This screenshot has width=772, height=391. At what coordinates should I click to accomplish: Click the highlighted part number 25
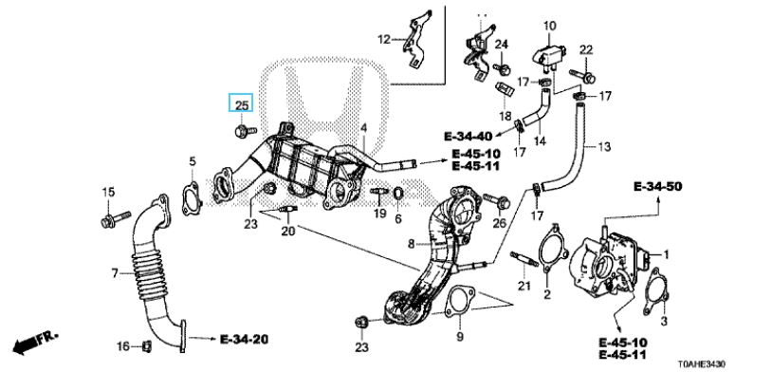pyautogui.click(x=241, y=105)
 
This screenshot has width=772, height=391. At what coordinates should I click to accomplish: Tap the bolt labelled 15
pyautogui.click(x=115, y=219)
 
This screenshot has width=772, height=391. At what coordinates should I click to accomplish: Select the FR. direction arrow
pyautogui.click(x=34, y=343)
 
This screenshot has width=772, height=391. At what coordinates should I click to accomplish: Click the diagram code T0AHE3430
pyautogui.click(x=701, y=364)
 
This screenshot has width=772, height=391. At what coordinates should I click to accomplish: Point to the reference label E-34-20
pyautogui.click(x=244, y=339)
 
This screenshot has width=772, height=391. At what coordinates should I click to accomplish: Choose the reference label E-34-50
pyautogui.click(x=658, y=187)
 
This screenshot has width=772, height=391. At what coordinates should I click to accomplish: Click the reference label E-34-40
pyautogui.click(x=468, y=136)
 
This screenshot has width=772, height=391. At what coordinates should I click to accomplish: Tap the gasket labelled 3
pyautogui.click(x=656, y=291)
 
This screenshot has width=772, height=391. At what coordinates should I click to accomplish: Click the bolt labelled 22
pyautogui.click(x=583, y=76)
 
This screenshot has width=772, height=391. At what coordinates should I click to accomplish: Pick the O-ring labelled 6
pyautogui.click(x=398, y=195)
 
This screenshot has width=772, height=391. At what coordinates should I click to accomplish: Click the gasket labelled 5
pyautogui.click(x=192, y=198)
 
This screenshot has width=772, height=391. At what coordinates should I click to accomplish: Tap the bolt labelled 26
pyautogui.click(x=496, y=201)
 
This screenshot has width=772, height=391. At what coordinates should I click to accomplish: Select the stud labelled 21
pyautogui.click(x=524, y=259)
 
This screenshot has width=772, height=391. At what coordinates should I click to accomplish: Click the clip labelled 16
pyautogui.click(x=146, y=345)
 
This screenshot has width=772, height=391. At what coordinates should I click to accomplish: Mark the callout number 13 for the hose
pyautogui.click(x=604, y=147)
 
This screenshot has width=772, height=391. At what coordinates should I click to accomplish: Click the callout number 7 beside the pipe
pyautogui.click(x=115, y=272)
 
